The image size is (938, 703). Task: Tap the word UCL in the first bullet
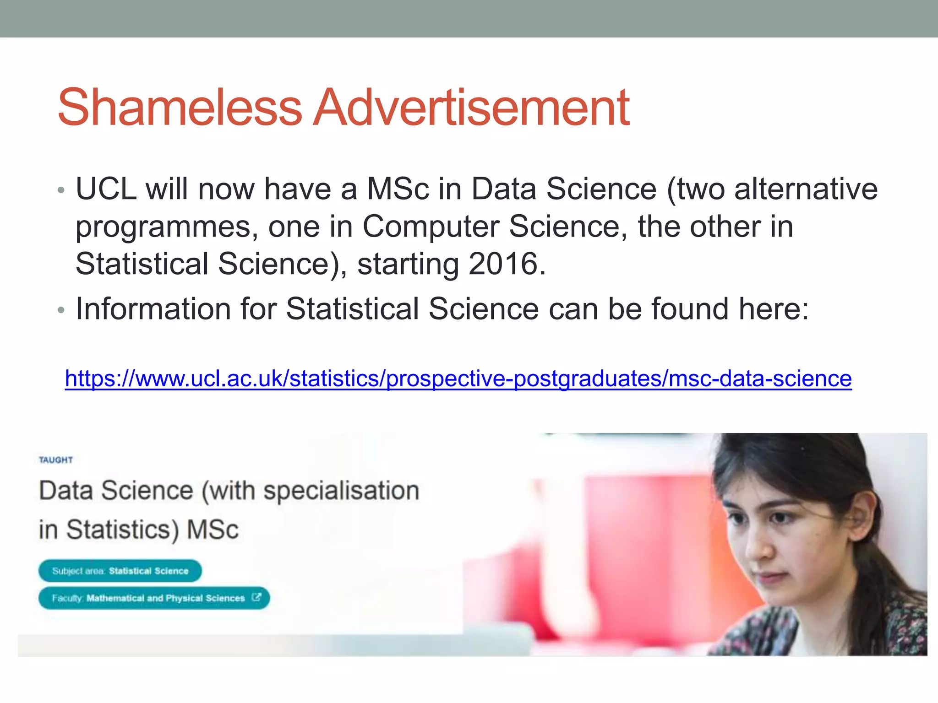point(106,189)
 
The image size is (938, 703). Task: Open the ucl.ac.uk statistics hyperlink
point(458,379)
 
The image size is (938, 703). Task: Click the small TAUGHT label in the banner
point(56,460)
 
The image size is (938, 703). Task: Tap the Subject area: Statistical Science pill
point(120,571)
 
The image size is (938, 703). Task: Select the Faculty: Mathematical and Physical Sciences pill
point(154,598)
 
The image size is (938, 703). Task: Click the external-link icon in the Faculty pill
point(256,597)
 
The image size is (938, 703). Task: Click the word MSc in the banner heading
point(213,530)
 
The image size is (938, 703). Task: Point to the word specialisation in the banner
point(341,491)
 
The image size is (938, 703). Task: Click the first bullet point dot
point(61,190)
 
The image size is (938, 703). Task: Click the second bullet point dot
point(61,310)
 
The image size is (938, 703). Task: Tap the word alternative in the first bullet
point(806,189)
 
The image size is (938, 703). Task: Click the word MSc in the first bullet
point(398,189)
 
